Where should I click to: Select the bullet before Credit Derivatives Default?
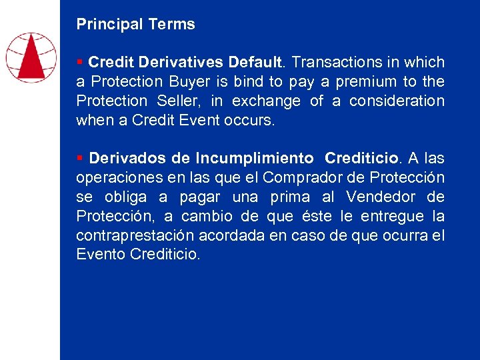tap(79, 62)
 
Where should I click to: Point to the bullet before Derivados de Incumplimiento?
tap(79, 158)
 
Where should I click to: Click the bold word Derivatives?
tap(181, 63)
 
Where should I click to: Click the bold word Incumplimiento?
tap(255, 159)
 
